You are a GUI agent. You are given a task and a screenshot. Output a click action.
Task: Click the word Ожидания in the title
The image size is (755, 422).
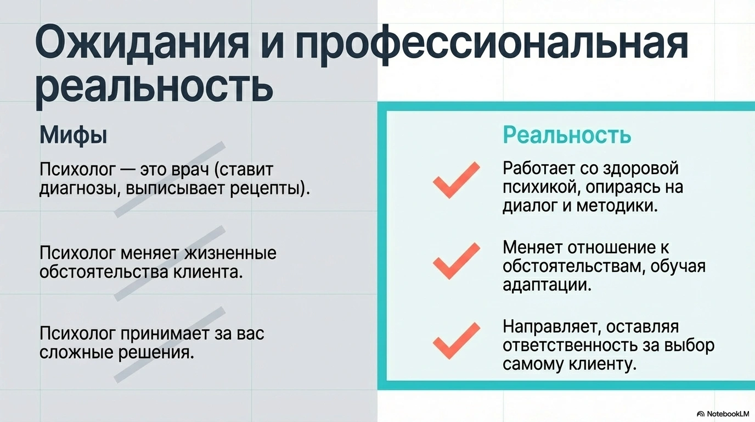[x=142, y=43]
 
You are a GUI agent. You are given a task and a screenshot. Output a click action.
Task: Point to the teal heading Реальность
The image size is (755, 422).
[x=567, y=135]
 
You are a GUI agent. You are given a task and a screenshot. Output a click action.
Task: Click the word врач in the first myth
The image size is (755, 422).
[x=190, y=170]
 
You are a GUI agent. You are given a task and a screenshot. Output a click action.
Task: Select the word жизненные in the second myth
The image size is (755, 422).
[x=230, y=253]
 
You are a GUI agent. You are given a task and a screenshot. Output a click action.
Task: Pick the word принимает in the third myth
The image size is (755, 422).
[x=165, y=334]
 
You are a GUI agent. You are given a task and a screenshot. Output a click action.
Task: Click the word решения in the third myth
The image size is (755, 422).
[x=156, y=353]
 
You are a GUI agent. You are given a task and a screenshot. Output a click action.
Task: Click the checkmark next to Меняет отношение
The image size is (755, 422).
[x=456, y=260]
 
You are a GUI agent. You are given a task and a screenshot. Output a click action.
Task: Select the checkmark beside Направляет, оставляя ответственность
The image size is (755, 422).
[x=456, y=341]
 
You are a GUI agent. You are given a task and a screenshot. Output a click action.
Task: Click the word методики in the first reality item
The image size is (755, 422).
[x=617, y=206]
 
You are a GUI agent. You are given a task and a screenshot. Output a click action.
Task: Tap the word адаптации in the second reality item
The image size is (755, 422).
[x=547, y=285]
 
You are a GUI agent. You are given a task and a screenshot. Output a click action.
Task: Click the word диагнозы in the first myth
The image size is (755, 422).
[x=80, y=189]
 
